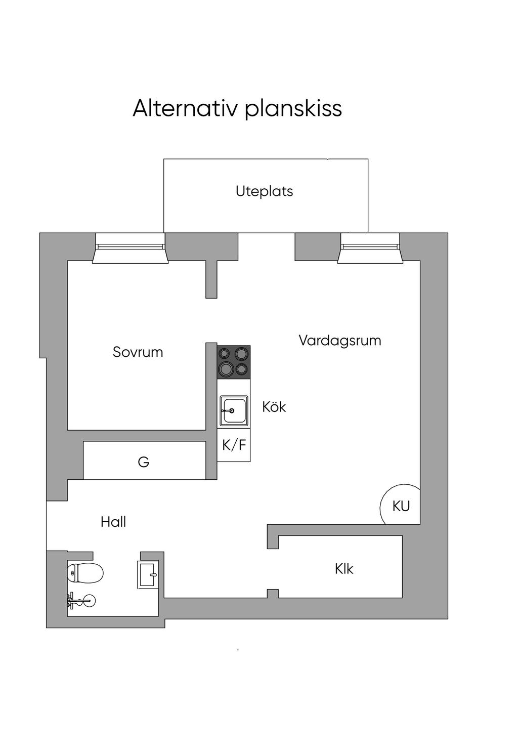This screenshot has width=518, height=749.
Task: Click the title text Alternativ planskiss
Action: click(x=237, y=108)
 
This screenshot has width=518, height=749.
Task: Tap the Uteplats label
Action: click(x=264, y=191)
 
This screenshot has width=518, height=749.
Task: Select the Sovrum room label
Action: click(x=138, y=352)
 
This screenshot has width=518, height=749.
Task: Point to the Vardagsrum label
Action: click(x=339, y=340)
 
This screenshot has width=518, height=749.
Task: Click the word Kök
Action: click(x=274, y=406)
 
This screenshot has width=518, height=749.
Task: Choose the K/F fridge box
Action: click(x=234, y=445)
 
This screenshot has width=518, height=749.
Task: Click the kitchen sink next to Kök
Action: click(x=234, y=410)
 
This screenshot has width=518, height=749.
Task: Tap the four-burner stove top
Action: click(x=234, y=362)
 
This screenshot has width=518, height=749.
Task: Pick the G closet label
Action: click(x=144, y=462)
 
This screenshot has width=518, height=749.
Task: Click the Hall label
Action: click(x=113, y=522)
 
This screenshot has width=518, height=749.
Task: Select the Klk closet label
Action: click(x=344, y=568)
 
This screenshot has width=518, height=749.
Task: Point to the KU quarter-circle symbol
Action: click(x=401, y=506)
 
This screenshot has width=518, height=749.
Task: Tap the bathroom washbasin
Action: click(x=148, y=574)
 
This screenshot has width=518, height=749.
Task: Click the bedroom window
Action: click(x=131, y=248)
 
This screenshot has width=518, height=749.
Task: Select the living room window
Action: click(x=370, y=248)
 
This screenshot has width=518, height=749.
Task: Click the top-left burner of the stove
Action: click(x=225, y=354)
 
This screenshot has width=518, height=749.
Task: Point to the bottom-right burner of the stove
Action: click(x=242, y=369)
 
